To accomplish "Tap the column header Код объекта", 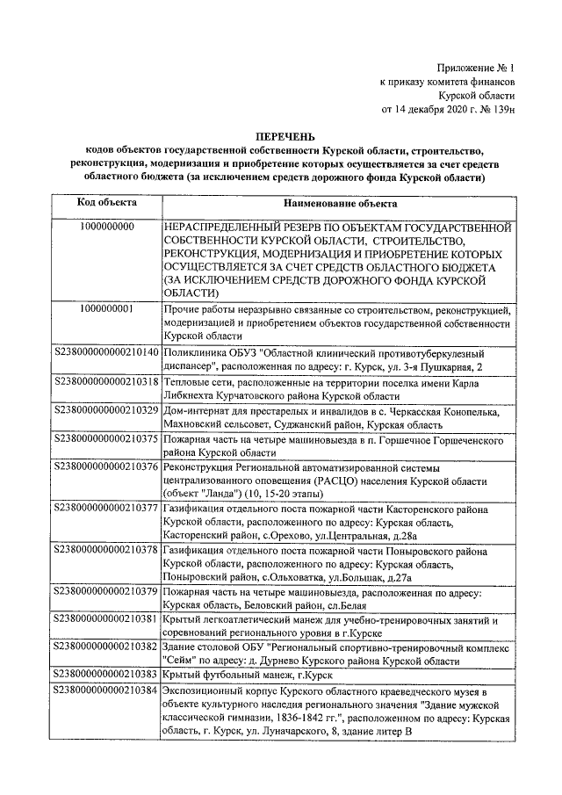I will [x=106, y=202].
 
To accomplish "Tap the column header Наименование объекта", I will [x=337, y=202].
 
